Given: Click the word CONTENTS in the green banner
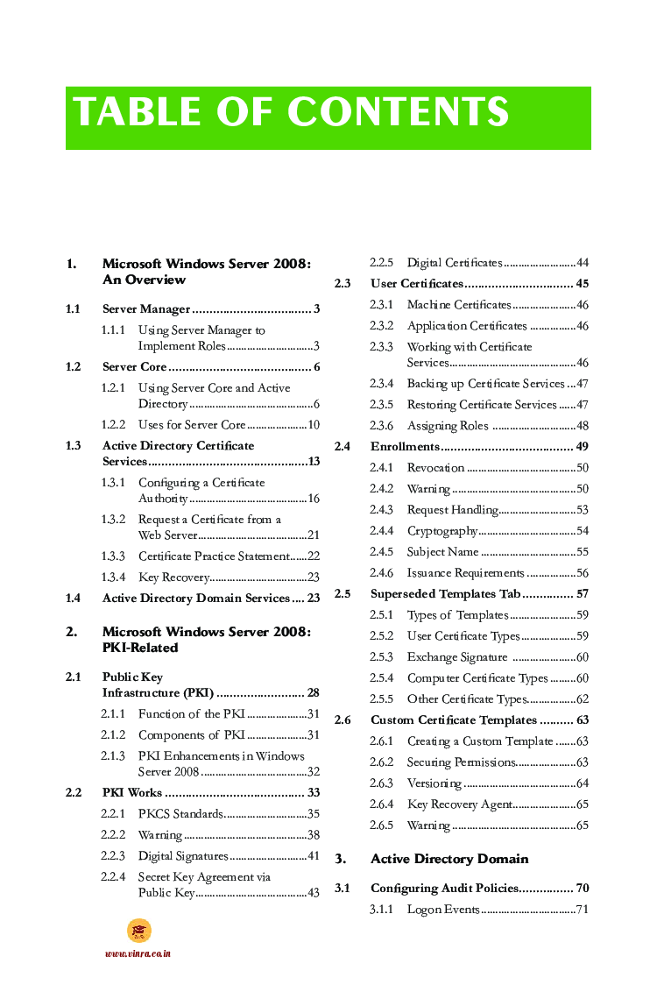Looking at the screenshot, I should click(398, 113).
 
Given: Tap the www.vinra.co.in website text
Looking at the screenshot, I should click(138, 953).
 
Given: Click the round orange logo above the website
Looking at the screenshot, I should click(138, 931).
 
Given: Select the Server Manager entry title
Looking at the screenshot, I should click(146, 309).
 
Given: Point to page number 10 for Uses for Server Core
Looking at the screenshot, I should click(313, 425).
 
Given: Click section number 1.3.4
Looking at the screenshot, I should click(113, 577).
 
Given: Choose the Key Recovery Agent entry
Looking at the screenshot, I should click(459, 804).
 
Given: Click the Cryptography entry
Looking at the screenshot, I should click(442, 531).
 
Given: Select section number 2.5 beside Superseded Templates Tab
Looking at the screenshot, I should click(343, 594).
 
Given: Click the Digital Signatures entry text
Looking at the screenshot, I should click(183, 856).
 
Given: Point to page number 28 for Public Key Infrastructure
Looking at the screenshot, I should click(313, 693).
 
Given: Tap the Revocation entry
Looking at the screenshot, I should click(435, 468).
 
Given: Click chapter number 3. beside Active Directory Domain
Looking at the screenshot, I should click(342, 859).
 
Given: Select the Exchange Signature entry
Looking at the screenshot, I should click(456, 657).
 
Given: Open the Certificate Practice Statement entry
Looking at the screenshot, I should click(214, 556).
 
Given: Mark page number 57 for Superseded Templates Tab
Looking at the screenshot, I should click(582, 594).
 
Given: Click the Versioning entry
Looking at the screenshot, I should click(434, 783).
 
